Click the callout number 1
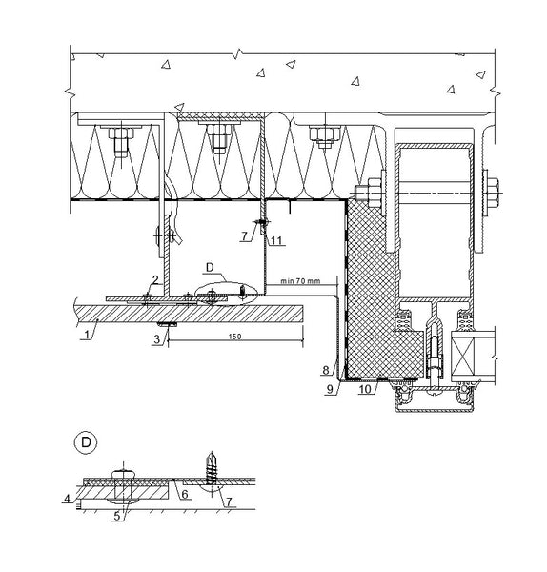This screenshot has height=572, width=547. click(x=87, y=335)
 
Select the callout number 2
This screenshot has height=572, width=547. click(x=155, y=280)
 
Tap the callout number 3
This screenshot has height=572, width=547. click(x=157, y=339)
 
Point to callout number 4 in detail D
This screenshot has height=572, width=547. click(x=67, y=499)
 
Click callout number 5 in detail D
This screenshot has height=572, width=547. click(x=116, y=516)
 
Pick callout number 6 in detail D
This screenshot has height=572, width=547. click(x=185, y=494)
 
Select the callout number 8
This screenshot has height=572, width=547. click(x=326, y=370)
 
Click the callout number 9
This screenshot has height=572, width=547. click(x=330, y=389)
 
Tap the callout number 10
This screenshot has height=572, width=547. click(x=365, y=389)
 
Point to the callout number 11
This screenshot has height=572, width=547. click(x=276, y=240)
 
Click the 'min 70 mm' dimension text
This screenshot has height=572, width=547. click(x=300, y=281)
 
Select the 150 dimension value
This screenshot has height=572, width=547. click(x=234, y=337)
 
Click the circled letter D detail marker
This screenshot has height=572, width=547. click(x=86, y=442)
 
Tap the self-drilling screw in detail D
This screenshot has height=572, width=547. click(x=211, y=468)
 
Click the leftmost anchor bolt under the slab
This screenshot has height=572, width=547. click(x=121, y=142)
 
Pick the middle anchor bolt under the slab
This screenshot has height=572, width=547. click(x=219, y=138)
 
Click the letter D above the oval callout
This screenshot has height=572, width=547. click(x=210, y=267)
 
